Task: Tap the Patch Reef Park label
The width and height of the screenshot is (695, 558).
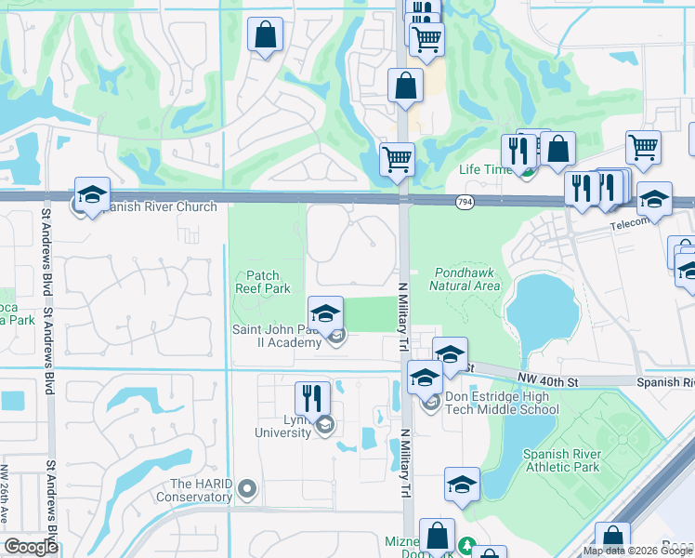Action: (269, 282)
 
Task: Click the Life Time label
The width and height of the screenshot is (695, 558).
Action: (485, 170)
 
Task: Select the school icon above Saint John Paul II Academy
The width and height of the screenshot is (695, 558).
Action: (326, 312)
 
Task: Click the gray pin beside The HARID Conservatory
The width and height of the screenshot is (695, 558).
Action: (246, 487)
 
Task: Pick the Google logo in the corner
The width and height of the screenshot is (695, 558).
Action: (31, 547)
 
